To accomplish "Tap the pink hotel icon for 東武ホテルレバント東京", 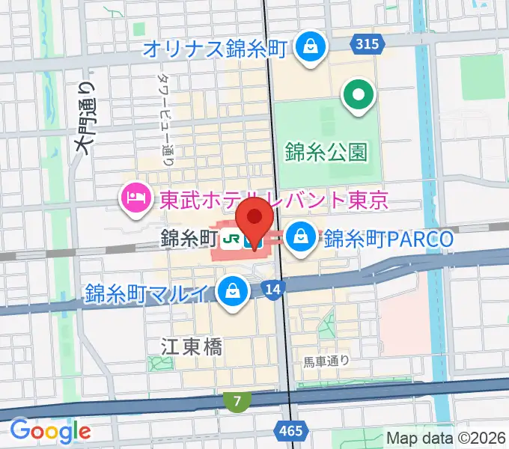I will pyautogui.click(x=134, y=199).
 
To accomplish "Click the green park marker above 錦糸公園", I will pyautogui.click(x=358, y=96).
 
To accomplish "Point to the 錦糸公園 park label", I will pyautogui.click(x=326, y=153).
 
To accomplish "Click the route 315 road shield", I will pyautogui.click(x=367, y=45).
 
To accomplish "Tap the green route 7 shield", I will pyautogui.click(x=237, y=402).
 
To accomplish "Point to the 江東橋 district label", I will pyautogui.click(x=192, y=346).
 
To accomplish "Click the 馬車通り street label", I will pyautogui.click(x=326, y=362).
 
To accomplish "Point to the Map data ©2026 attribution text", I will pyautogui.click(x=446, y=438).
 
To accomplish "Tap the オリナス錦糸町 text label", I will pyautogui.click(x=215, y=49).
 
